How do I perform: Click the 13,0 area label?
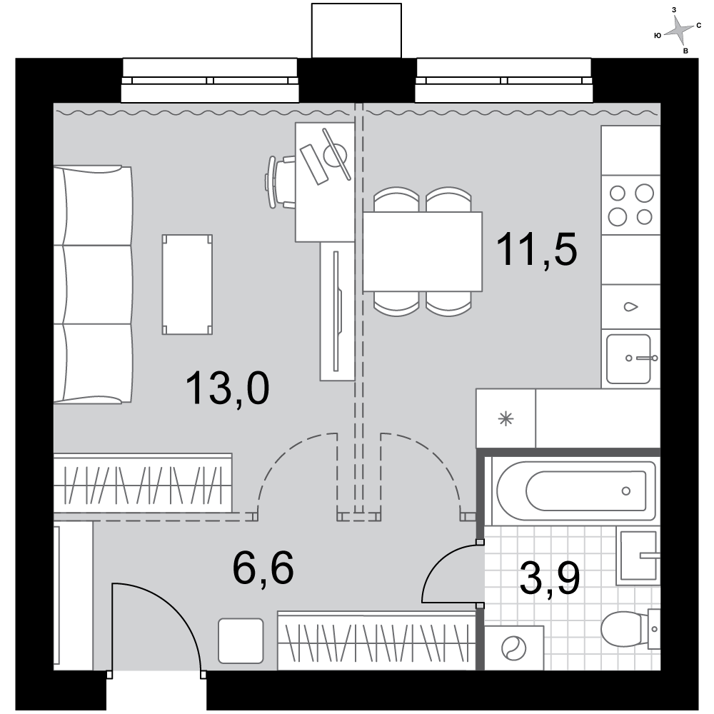[x=227, y=388]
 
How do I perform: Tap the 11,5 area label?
[x=536, y=249]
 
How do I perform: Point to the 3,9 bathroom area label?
[x=549, y=578]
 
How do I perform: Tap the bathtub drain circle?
[x=625, y=491]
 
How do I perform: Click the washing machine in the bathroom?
[x=513, y=648]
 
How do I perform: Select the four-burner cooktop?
[x=630, y=205]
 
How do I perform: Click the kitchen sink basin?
[x=628, y=359]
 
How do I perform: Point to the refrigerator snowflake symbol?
[x=506, y=418]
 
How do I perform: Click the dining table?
[x=422, y=251]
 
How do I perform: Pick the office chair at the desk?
[x=280, y=182]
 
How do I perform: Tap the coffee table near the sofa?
[x=187, y=285]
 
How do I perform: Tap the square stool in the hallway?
[x=241, y=640]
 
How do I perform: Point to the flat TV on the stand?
[x=337, y=311]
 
